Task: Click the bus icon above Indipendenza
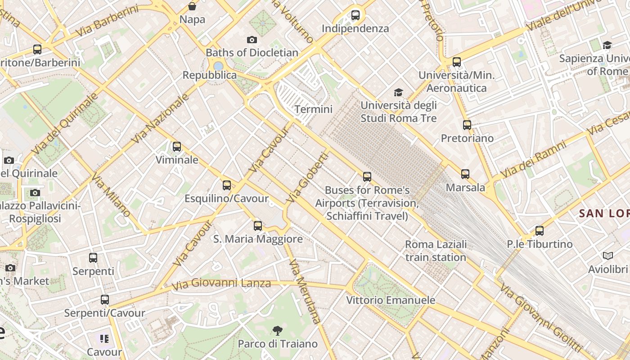355,15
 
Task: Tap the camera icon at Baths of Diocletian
252,40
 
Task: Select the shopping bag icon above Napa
192,6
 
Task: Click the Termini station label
313,109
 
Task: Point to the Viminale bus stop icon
177,147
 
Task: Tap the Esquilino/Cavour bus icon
227,185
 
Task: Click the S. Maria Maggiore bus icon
258,226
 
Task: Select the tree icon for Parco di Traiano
278,331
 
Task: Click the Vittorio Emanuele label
391,300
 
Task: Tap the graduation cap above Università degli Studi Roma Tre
398,93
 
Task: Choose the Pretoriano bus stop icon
467,125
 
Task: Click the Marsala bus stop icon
465,174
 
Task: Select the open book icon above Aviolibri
608,256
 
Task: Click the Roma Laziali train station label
436,251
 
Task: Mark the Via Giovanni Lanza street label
221,283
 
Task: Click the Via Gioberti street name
308,177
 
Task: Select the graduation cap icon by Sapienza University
607,45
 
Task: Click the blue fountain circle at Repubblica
218,66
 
